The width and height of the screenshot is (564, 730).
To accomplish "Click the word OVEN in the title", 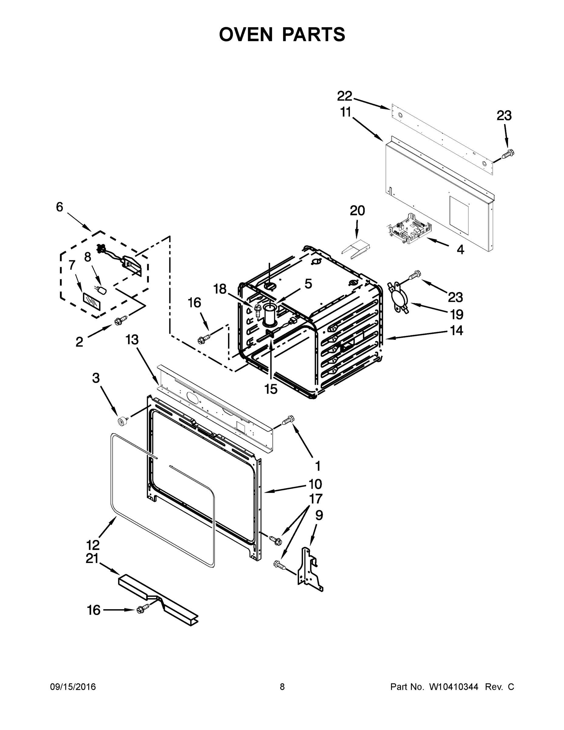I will click(246, 34).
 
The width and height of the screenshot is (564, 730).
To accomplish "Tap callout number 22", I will click(344, 96).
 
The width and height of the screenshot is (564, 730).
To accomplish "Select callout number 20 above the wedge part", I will click(357, 211).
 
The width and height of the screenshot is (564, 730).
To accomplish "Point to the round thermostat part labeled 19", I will click(398, 298).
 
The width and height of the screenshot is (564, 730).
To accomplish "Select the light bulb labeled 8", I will click(102, 290).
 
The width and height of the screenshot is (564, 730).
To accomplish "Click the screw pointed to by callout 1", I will click(288, 419).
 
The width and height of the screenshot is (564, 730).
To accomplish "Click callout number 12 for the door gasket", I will click(93, 545).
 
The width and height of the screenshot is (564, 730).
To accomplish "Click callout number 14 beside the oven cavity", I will click(456, 331).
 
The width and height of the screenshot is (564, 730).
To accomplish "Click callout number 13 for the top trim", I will click(132, 340).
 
